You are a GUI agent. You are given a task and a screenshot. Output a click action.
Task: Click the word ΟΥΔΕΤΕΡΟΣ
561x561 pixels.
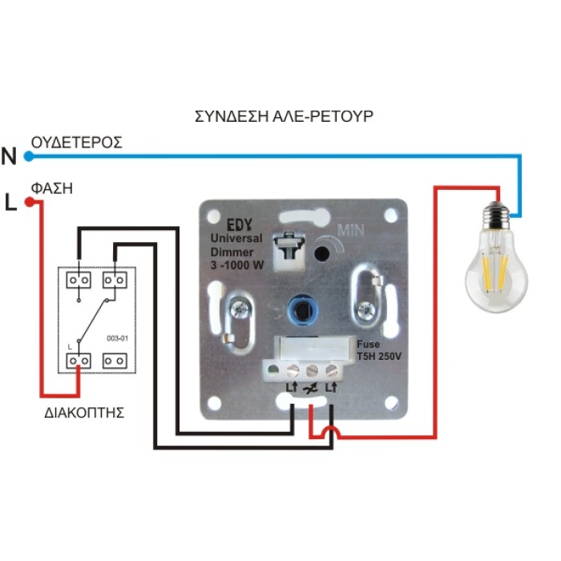coord(76,143)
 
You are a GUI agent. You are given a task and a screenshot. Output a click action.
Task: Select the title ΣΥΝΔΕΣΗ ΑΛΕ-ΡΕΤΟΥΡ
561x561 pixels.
coord(284,116)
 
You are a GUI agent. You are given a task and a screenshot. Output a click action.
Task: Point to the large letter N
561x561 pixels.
coord(10,156)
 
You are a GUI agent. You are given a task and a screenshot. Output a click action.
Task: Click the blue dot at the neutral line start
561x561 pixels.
coord(29,155)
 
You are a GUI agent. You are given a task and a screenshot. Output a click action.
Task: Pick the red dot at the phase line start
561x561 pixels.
coord(29,203)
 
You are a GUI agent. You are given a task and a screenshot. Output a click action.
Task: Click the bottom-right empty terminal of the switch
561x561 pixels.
coord(116,361)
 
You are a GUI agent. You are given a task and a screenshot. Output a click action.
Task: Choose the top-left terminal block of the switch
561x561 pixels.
coord(79,280)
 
